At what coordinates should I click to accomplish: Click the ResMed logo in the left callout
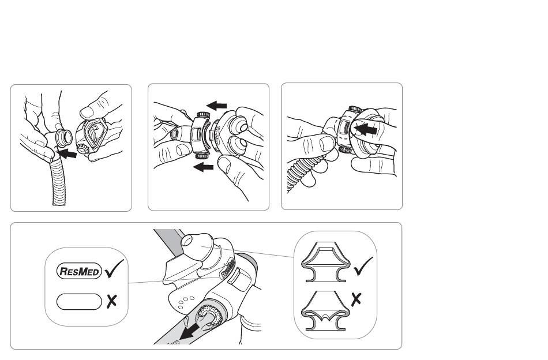pos(79,271)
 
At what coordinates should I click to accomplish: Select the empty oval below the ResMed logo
pos(79,302)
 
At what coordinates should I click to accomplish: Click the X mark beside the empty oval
pos(112,302)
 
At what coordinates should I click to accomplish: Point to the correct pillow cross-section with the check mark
pos(325,262)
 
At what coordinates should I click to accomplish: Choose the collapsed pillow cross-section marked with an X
pos(325,310)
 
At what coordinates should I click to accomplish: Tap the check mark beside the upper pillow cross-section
pos(363,267)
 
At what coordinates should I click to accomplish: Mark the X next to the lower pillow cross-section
pos(356,299)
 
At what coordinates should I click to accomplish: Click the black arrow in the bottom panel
pos(190,332)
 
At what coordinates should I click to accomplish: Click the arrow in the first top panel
pos(66,153)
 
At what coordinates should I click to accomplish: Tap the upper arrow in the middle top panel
pos(217,105)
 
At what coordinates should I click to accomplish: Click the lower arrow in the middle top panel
pos(203,167)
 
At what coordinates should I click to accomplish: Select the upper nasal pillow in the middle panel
pos(237,126)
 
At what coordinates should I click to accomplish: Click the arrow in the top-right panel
pos(365,130)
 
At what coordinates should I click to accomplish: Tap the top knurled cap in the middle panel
pos(202,115)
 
